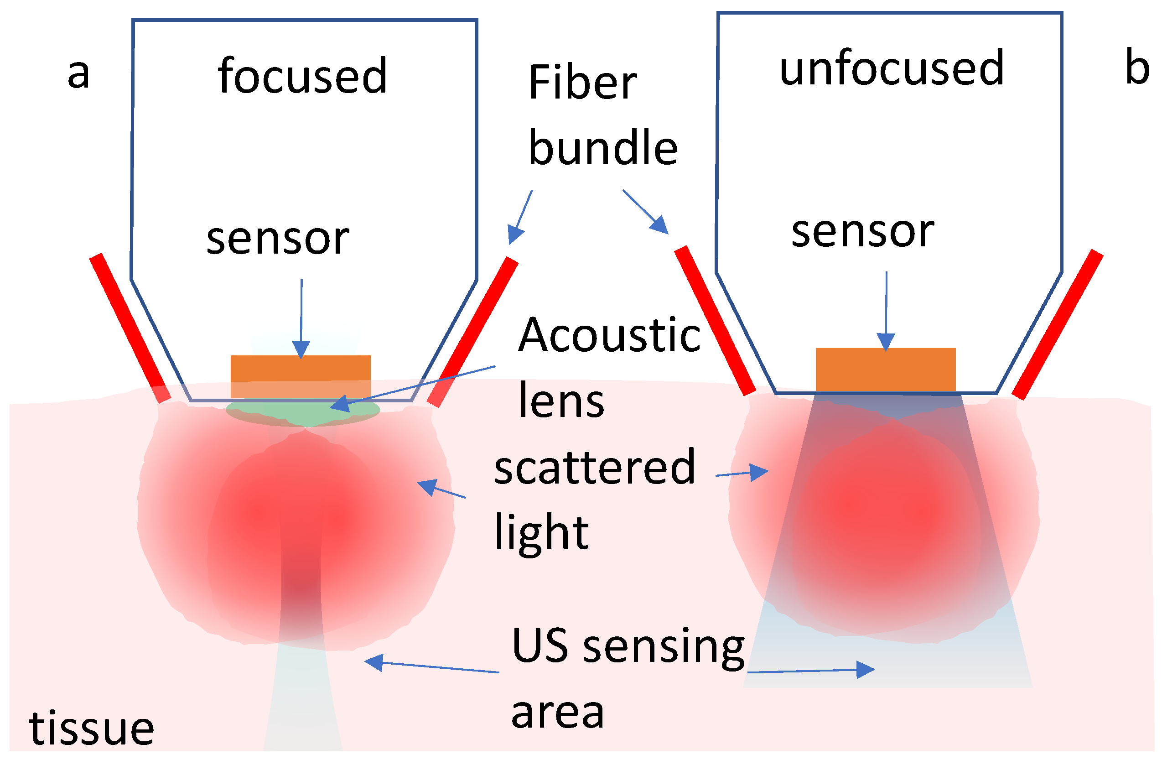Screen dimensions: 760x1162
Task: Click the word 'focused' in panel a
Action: coord(303,76)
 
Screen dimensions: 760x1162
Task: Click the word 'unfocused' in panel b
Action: coord(892,68)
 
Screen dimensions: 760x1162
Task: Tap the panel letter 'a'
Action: coord(78,74)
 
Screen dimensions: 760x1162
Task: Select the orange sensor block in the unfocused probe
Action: coord(885,369)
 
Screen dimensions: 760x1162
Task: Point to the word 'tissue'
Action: coord(91,729)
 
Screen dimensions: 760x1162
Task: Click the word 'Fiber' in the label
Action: coord(582,83)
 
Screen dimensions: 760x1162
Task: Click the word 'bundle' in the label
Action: coord(603,148)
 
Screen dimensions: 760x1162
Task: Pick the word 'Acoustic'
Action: coord(609,336)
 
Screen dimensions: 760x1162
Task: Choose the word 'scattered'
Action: coord(594,468)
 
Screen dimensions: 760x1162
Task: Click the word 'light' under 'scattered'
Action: coord(541,533)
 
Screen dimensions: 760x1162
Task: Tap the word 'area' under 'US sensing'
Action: coord(558,713)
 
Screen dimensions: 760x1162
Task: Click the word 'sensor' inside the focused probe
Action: coord(278,239)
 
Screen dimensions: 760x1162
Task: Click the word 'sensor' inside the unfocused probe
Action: coord(863,232)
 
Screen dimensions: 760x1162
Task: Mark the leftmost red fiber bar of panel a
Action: coord(130,328)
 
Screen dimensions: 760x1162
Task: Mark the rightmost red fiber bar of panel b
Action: coord(1058,325)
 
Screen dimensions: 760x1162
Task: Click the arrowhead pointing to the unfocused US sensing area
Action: coord(865,670)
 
